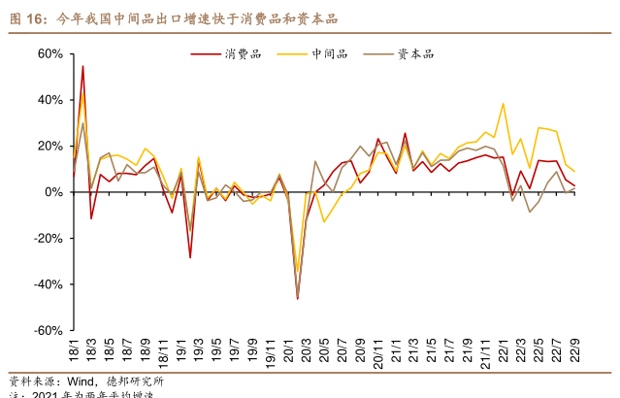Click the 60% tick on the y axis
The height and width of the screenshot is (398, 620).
[x=49, y=53]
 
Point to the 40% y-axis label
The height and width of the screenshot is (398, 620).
[x=49, y=99]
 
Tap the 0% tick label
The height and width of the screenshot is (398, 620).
[x=54, y=192]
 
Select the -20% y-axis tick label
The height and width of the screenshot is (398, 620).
[x=47, y=238]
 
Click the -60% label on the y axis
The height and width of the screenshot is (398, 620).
[x=47, y=330]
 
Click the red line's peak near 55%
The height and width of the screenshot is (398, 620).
[x=82, y=66]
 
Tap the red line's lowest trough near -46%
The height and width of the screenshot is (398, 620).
[x=297, y=299]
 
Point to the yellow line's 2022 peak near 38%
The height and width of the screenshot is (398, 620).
[x=503, y=104]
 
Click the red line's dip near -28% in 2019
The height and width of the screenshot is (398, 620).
[x=190, y=257]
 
